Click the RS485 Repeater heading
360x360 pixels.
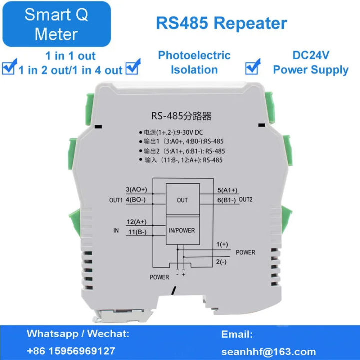[x=221, y=23]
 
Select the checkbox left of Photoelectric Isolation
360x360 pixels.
[x=133, y=67]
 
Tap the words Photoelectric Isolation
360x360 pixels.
[x=194, y=62]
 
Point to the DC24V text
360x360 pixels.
[x=310, y=55]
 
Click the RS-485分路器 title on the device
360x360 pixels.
[x=181, y=116]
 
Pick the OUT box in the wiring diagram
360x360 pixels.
[x=182, y=200]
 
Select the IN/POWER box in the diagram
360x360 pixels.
[x=182, y=230]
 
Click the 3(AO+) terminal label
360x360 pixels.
[x=136, y=189]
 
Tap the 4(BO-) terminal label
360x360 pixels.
[x=136, y=200]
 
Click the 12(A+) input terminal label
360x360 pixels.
[x=136, y=222]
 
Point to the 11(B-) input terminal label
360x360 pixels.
[x=136, y=232]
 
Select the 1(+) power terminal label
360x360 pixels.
[x=222, y=244]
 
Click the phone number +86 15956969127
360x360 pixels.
[x=71, y=351]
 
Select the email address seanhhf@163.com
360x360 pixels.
[x=269, y=351]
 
